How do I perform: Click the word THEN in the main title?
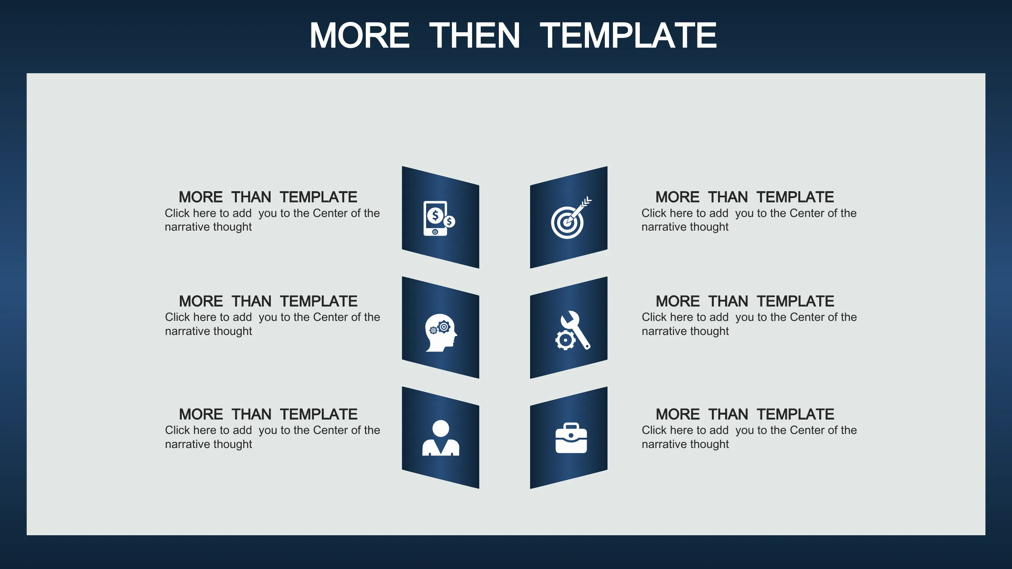pos(475,35)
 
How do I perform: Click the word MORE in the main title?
pos(359,35)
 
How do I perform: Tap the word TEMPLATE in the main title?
pos(628,35)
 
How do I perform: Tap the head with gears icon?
pos(441,333)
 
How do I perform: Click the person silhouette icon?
pos(441,438)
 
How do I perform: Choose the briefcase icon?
pos(571,438)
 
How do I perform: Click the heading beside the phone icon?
pos(268,197)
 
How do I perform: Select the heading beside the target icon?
pos(744,197)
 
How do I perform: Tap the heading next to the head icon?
pos(268,301)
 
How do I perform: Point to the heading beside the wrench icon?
pos(744,301)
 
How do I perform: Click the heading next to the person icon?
pos(268,414)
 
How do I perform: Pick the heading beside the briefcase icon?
pos(744,414)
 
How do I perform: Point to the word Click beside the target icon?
pos(654,213)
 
